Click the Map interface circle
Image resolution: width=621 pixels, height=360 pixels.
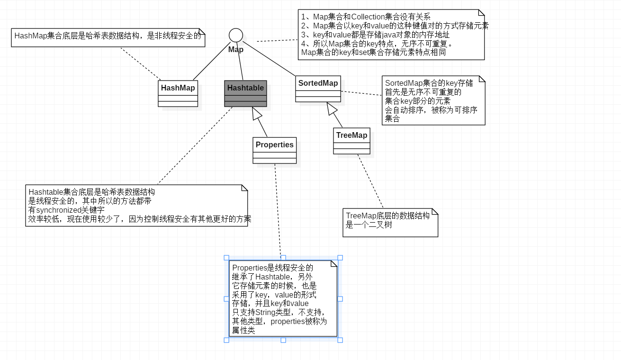pyautogui.click(x=236, y=35)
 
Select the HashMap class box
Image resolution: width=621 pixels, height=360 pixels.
pyautogui.click(x=178, y=93)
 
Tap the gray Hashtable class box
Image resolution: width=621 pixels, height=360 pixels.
pyautogui.click(x=245, y=93)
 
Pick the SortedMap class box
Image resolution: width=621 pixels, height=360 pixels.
pyautogui.click(x=318, y=89)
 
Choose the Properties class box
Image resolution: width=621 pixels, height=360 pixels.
pyautogui.click(x=274, y=150)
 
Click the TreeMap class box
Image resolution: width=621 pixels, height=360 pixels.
pyautogui.click(x=351, y=141)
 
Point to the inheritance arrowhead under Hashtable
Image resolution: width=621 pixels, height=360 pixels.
pyautogui.click(x=257, y=113)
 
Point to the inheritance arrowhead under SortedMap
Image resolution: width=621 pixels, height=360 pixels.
pyautogui.click(x=332, y=108)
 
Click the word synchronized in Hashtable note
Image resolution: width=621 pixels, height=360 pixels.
pyautogui.click(x=59, y=210)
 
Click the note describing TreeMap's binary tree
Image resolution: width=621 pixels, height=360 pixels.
pyautogui.click(x=390, y=222)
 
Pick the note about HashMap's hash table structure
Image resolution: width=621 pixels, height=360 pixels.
pyautogui.click(x=108, y=37)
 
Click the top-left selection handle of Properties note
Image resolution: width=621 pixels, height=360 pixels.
pyautogui.click(x=226, y=258)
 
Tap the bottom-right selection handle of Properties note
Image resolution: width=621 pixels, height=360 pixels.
pyautogui.click(x=340, y=340)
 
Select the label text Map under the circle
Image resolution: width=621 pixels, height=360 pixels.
pyautogui.click(x=236, y=49)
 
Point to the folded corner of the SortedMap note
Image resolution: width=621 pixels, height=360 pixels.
pyautogui.click(x=482, y=79)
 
